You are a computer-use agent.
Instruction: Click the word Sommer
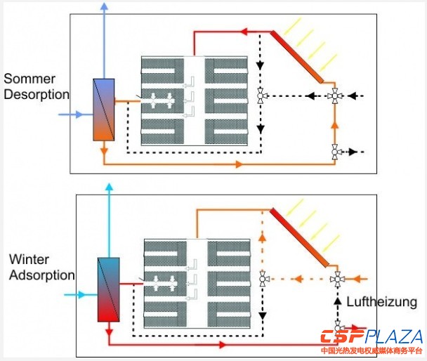[29, 78]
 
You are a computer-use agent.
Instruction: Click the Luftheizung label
[383, 302]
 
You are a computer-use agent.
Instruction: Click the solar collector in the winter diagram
[301, 236]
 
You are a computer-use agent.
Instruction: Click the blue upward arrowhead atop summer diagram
[104, 6]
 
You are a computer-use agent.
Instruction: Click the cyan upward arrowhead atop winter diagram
[109, 188]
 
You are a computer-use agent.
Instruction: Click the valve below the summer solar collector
[335, 95]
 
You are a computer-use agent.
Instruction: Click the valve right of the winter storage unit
[263, 279]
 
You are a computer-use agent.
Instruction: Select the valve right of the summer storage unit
[261, 96]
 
